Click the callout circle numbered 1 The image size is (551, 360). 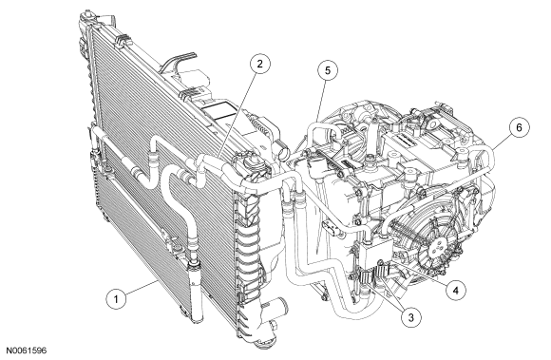point(116,299)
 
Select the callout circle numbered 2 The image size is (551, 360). point(259,64)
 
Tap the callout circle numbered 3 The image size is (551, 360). point(410,318)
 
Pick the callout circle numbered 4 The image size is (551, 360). point(455,290)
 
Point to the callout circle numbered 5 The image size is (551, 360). point(328,70)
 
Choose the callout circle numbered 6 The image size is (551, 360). point(519,127)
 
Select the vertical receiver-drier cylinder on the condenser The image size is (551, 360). point(195,291)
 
